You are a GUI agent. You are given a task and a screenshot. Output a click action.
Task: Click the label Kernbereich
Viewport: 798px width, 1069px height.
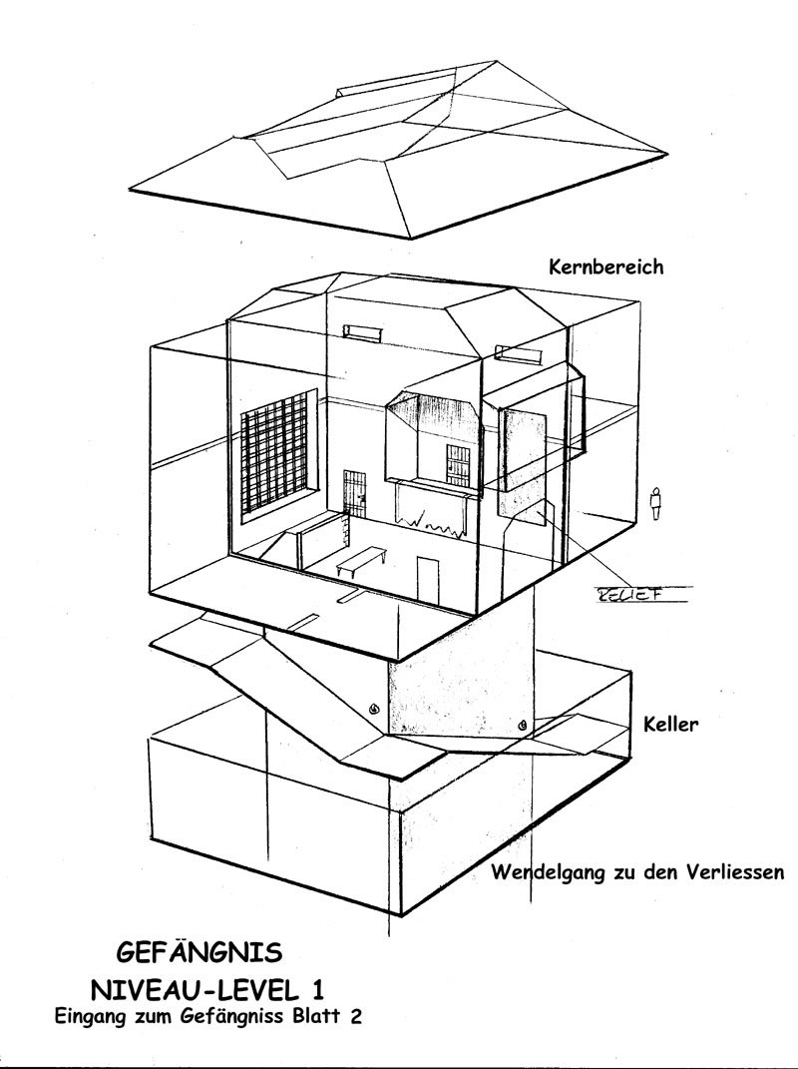click(605, 267)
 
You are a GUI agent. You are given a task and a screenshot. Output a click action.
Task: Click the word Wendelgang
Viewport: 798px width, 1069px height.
click(549, 872)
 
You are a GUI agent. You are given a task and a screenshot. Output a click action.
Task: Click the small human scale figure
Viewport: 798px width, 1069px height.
click(656, 501)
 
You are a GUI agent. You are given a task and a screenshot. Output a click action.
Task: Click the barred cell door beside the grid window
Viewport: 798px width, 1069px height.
click(355, 496)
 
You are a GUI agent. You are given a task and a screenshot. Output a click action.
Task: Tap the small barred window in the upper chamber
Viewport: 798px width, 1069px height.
click(459, 463)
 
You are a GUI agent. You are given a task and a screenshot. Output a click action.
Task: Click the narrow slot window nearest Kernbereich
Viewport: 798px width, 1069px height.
click(517, 352)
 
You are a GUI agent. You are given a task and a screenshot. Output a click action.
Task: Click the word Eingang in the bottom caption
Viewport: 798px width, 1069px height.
click(88, 1017)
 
